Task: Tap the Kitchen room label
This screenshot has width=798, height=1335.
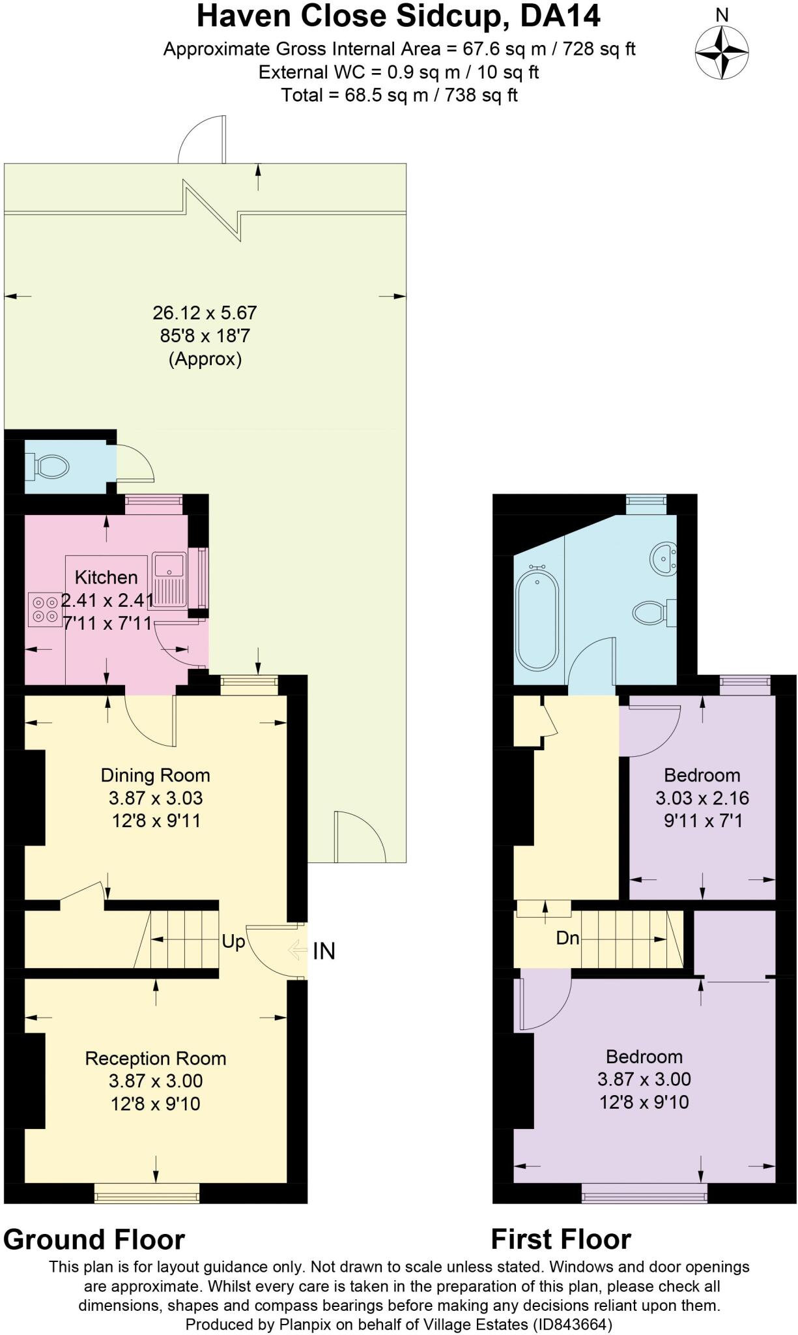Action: click(x=106, y=577)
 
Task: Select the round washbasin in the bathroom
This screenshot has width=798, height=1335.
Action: click(x=664, y=559)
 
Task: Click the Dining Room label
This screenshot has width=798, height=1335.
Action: click(x=155, y=775)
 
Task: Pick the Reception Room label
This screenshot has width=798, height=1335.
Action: click(x=156, y=1058)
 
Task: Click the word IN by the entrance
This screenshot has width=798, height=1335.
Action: click(x=324, y=952)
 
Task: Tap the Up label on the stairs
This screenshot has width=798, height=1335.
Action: click(x=233, y=941)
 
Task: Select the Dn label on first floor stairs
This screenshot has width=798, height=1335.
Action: click(x=567, y=938)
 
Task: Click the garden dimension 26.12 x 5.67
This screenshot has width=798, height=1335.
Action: click(x=205, y=313)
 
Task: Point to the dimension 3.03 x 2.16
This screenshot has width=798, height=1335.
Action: click(x=702, y=798)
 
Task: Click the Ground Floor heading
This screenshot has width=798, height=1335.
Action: click(x=94, y=1239)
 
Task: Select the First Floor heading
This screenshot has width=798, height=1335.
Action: click(x=561, y=1239)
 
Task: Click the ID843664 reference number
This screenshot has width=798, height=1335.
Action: click(x=573, y=1325)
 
